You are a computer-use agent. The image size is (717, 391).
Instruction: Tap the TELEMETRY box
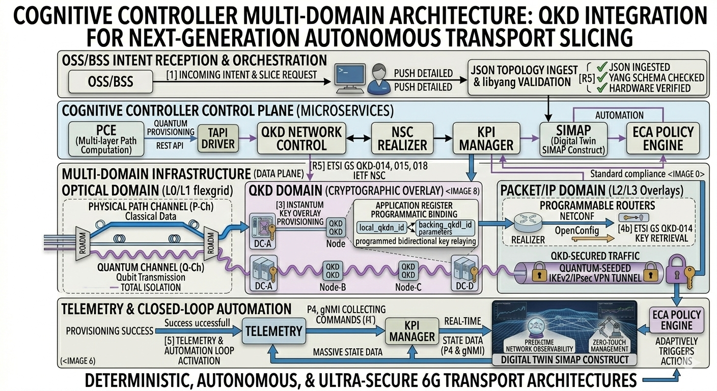[x=274, y=331]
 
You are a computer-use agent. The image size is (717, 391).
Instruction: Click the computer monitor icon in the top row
[x=349, y=76]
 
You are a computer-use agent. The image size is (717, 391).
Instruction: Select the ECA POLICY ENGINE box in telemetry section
[x=676, y=320]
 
